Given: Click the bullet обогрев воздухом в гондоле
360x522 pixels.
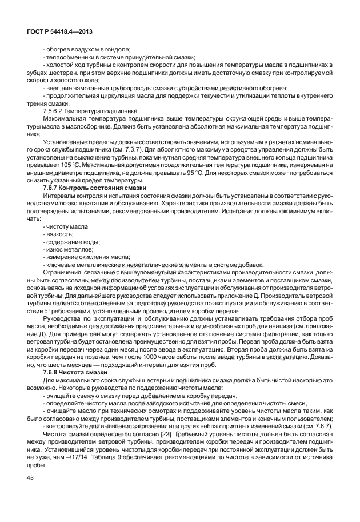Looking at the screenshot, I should pyautogui.click(x=87, y=50).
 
